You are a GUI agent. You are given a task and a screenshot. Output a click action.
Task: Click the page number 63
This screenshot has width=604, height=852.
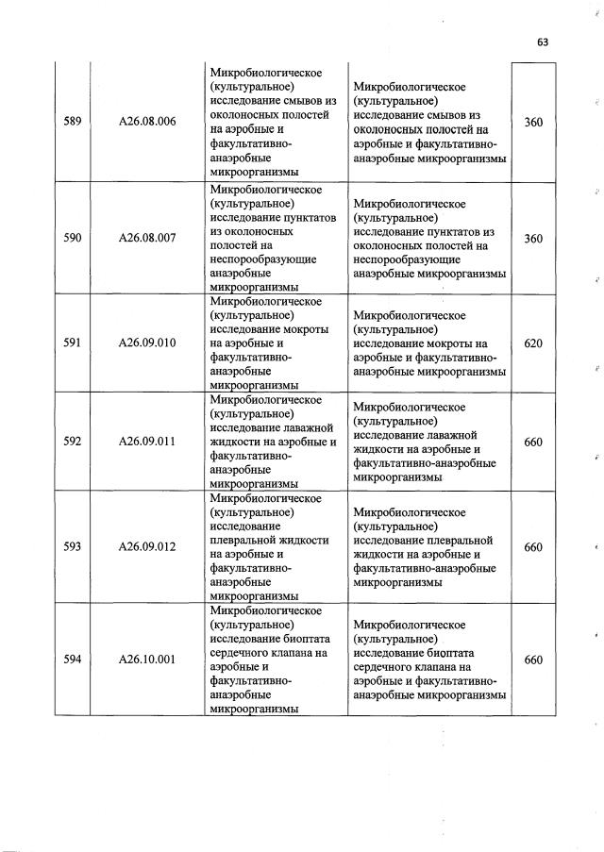(x=543, y=42)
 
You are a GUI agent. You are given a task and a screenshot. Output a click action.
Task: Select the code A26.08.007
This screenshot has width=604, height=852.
(x=147, y=239)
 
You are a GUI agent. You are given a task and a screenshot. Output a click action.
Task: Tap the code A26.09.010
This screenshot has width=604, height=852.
(x=147, y=342)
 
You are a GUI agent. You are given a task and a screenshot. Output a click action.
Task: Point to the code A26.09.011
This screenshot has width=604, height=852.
(x=147, y=441)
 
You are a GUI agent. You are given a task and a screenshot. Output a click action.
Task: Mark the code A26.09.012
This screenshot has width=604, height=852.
(x=147, y=546)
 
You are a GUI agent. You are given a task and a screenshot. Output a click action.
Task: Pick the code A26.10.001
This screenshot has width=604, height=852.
(x=147, y=660)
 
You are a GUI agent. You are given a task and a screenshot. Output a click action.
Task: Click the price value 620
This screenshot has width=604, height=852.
(x=533, y=343)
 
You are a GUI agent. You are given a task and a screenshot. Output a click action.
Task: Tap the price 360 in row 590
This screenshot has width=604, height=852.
(x=533, y=239)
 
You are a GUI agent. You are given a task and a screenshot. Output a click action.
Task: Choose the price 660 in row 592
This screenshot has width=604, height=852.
(x=533, y=441)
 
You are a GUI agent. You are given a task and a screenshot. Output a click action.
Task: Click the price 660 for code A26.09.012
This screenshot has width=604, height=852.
(x=533, y=546)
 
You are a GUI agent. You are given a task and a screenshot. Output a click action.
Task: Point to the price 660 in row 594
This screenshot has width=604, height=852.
(x=533, y=660)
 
